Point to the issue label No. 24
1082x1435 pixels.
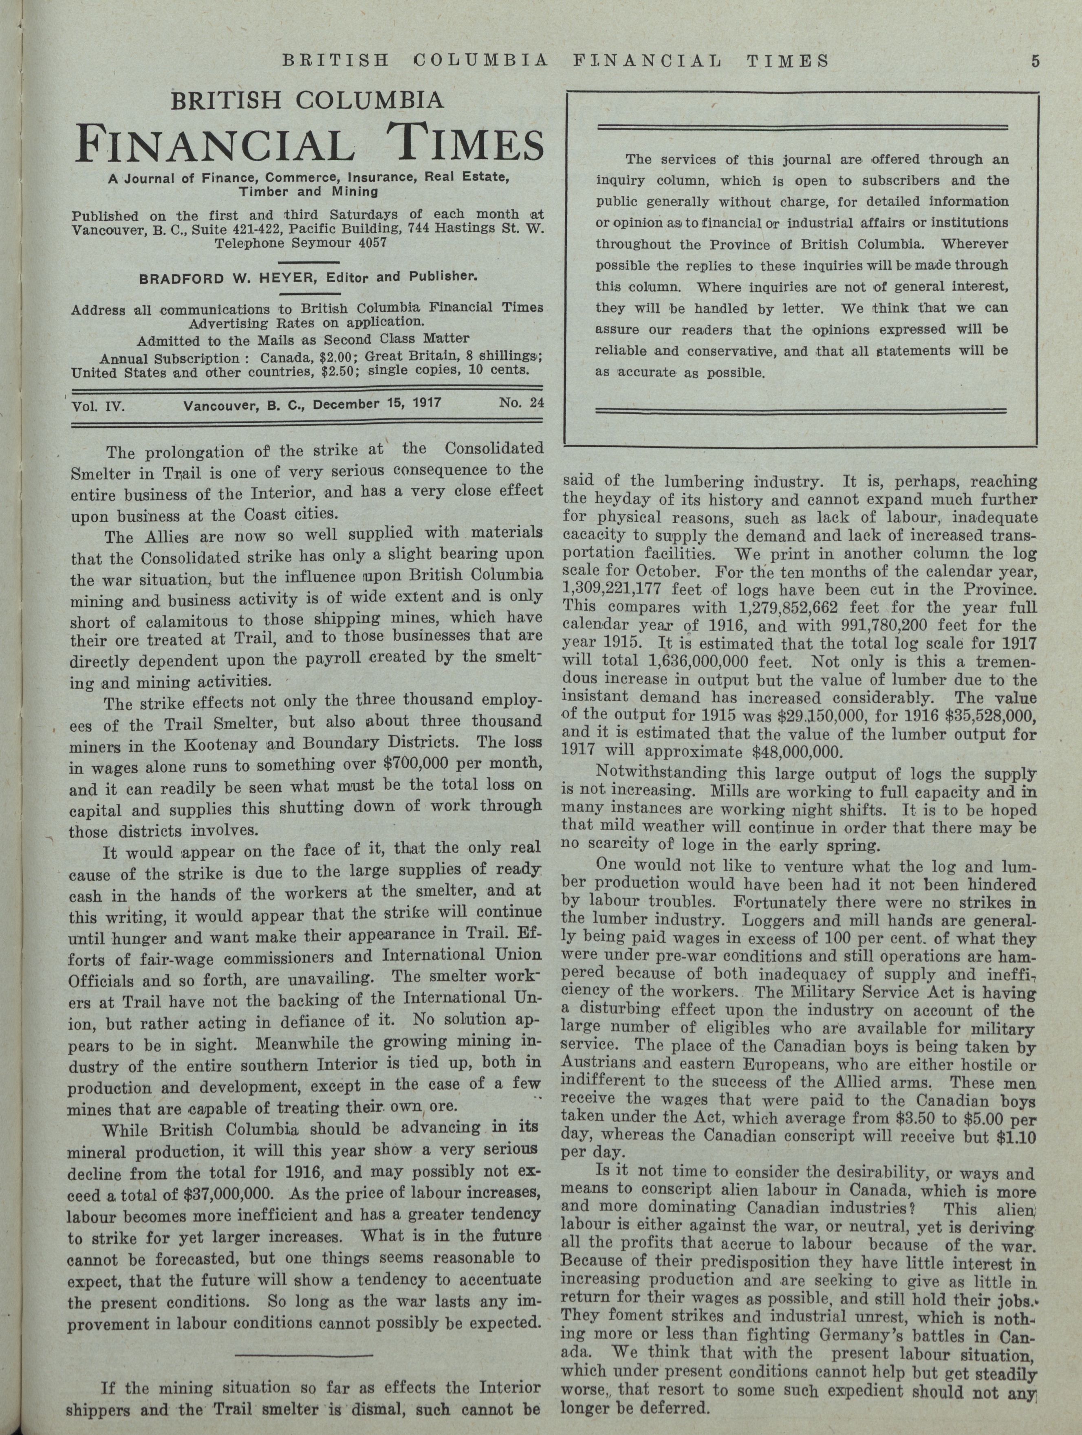tap(521, 402)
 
